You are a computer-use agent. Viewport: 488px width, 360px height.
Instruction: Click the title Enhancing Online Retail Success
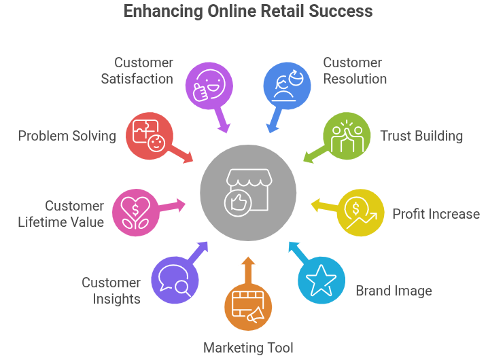coord(248,12)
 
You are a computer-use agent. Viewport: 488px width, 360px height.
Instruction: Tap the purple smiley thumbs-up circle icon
coord(210,84)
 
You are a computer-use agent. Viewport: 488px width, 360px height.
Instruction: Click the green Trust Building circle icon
coord(346,137)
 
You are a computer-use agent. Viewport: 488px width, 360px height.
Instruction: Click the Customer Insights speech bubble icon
coord(175,280)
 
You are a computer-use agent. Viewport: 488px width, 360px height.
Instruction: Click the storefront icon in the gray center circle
coord(248,192)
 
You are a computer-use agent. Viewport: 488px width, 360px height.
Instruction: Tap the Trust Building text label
coord(421,137)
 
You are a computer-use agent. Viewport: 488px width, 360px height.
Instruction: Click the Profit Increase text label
coord(436,214)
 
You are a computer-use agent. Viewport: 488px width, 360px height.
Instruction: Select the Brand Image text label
coord(394,291)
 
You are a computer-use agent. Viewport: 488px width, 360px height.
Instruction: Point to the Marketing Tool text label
coord(249,348)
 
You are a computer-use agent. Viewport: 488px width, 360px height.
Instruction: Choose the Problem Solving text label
coord(67,137)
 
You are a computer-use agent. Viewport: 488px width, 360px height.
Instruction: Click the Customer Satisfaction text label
coord(137,71)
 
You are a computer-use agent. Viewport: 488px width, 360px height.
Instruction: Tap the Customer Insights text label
coord(111,291)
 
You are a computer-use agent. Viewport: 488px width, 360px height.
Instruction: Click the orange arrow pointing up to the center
coord(248,269)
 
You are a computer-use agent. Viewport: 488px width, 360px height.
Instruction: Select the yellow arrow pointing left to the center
coord(325,204)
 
